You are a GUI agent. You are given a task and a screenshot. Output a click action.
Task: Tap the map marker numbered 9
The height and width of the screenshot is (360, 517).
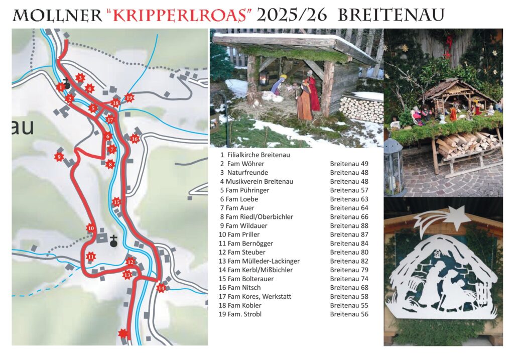(59, 157)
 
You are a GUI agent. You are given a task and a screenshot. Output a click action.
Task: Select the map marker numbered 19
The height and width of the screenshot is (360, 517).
(130, 98)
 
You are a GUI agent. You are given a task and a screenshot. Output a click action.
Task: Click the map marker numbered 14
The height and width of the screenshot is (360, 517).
(161, 288)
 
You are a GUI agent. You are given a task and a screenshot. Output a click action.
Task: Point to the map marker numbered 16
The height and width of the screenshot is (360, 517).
(134, 139)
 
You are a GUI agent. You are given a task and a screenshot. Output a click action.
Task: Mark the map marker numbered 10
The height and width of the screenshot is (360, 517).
(90, 228)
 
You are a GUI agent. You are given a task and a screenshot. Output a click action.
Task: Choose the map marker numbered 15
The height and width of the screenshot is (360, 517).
(116, 202)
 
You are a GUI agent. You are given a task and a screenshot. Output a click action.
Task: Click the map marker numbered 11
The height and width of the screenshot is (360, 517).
(90, 257)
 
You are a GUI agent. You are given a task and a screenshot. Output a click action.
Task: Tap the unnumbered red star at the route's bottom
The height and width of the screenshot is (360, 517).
(122, 333)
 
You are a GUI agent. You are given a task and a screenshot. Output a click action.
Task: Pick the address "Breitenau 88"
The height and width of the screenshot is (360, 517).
(349, 226)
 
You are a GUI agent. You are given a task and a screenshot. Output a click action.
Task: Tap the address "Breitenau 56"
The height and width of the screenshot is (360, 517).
(349, 314)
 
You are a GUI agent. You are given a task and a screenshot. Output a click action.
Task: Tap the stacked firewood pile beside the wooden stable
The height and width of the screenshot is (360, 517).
(361, 108)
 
